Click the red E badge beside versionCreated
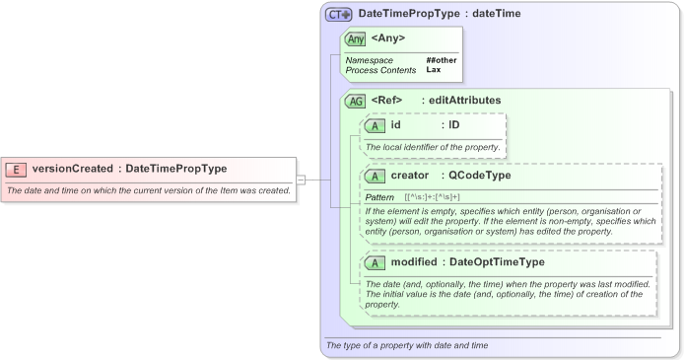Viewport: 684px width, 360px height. tap(17, 169)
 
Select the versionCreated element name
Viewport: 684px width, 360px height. tap(72, 169)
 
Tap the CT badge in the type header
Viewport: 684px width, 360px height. tap(339, 15)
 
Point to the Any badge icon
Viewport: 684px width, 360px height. tap(355, 39)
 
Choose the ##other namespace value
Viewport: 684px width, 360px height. tap(441, 60)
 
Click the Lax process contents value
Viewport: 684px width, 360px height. tap(433, 70)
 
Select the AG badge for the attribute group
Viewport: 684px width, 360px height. tap(355, 101)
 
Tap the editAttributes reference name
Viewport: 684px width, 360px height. tap(464, 100)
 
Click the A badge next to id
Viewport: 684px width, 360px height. tap(375, 126)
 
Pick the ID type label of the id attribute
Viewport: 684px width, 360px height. tap(453, 125)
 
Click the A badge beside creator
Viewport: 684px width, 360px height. tap(375, 176)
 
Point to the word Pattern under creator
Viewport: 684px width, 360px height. tap(379, 197)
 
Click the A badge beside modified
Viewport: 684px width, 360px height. tap(375, 263)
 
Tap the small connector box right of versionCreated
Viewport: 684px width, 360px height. tap(301, 180)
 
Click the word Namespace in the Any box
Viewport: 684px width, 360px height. tap(369, 60)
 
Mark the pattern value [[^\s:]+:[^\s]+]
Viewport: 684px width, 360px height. tap(433, 197)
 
